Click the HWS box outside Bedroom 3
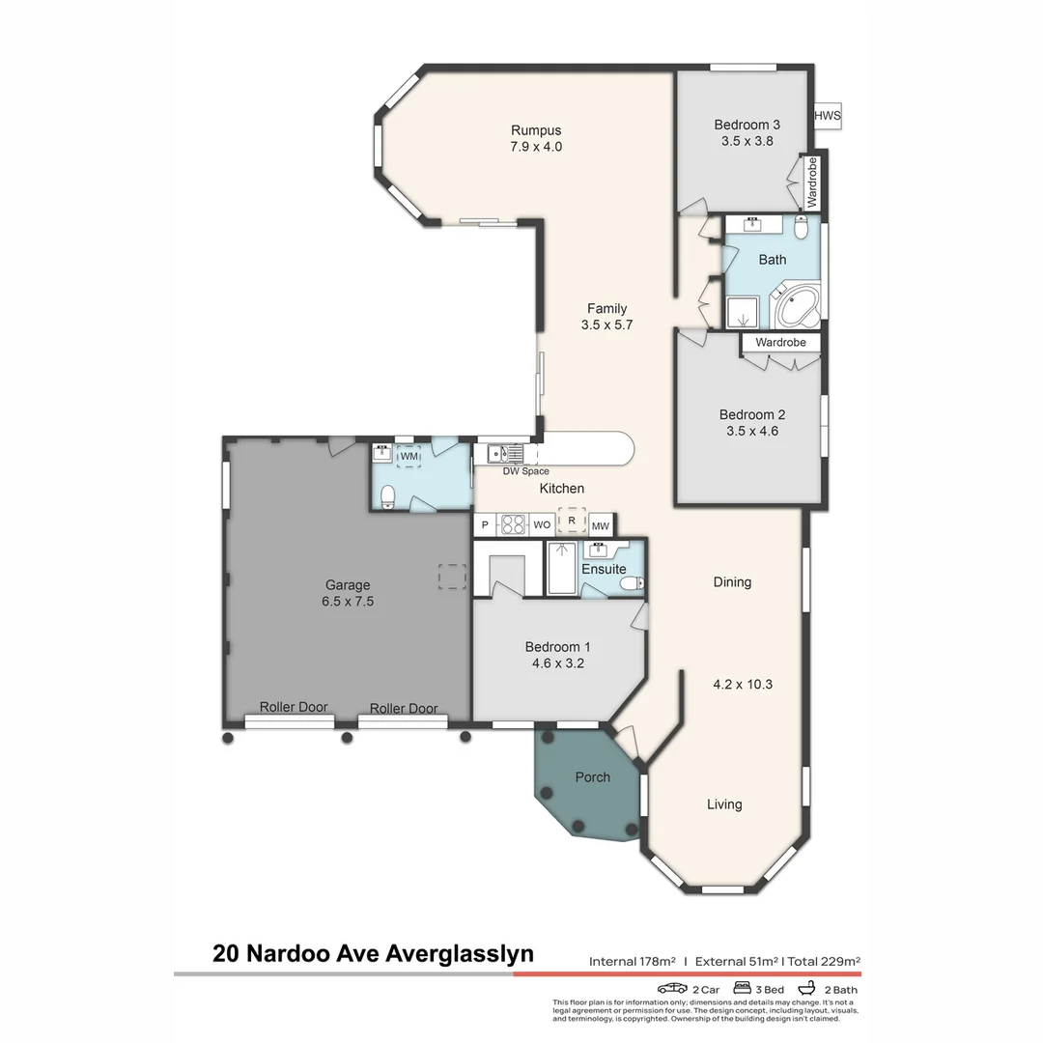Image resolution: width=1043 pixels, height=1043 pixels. tap(828, 116)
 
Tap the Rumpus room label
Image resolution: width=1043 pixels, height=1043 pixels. tap(536, 130)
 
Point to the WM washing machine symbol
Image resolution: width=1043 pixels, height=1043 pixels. tap(409, 456)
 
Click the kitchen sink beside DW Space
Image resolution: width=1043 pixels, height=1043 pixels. tap(503, 453)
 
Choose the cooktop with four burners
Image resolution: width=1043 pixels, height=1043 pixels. tap(512, 524)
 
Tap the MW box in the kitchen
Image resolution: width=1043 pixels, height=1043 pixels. tap(601, 525)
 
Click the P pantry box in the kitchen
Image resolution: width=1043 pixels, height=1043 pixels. tap(485, 525)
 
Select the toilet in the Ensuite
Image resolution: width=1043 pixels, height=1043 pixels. tap(630, 583)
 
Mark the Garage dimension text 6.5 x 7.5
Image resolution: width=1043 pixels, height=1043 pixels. tap(348, 601)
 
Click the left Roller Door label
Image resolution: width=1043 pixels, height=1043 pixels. tap(294, 707)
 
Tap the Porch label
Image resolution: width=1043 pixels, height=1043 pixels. tap(592, 776)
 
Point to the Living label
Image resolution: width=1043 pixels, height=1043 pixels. tap(724, 804)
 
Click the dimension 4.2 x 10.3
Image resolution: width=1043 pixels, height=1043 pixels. tap(743, 685)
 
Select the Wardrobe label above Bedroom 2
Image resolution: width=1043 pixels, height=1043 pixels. tap(780, 342)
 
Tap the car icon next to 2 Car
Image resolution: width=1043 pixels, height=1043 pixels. tap(672, 989)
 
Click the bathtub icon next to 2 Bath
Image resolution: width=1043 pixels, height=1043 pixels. tap(804, 989)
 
